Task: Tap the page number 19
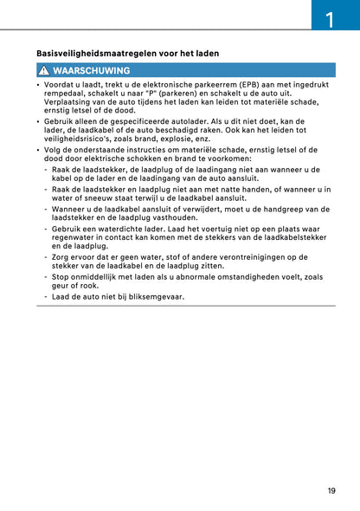(x=331, y=491)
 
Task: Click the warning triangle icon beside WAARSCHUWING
(x=42, y=70)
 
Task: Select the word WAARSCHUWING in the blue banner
(x=91, y=70)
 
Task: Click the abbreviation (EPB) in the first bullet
(x=247, y=85)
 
